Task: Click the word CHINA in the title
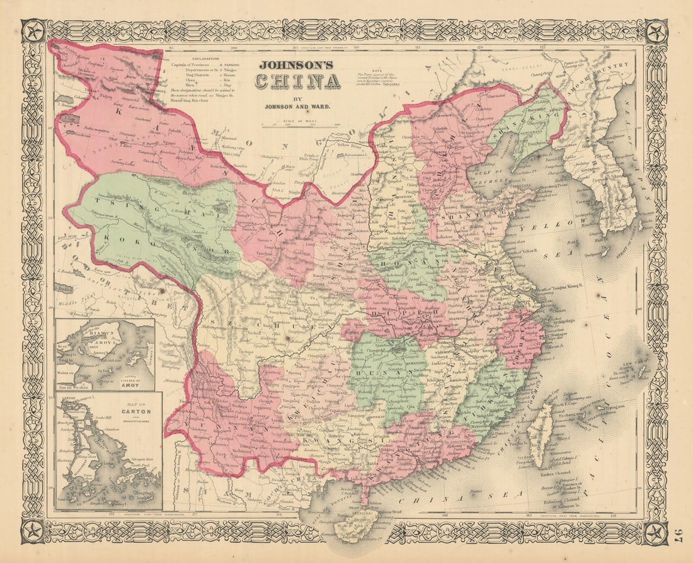[x=297, y=81]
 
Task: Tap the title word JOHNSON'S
[x=297, y=64]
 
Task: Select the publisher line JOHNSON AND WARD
[x=297, y=108]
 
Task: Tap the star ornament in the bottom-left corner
[x=33, y=532]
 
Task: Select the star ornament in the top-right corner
[x=655, y=31]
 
